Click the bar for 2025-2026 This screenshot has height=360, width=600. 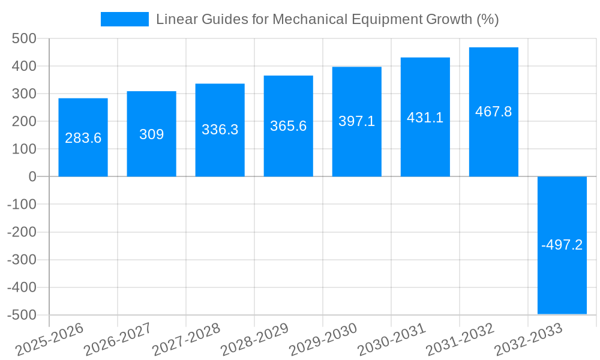83,156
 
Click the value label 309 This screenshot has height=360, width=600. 151,134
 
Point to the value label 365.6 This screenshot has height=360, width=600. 288,126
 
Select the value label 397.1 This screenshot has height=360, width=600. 356,121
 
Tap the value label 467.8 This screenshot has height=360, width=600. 493,112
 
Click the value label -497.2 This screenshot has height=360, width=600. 562,245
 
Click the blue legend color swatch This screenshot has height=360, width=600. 124,19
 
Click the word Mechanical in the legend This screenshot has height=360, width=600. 309,19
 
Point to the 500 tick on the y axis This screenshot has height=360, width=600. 25,38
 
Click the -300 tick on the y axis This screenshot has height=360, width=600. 22,260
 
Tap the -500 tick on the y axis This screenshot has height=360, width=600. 22,315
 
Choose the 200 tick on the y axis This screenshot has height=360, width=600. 25,121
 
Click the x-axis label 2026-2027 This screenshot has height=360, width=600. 118,339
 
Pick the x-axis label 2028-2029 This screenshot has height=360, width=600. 254,339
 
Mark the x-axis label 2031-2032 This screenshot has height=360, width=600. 460,339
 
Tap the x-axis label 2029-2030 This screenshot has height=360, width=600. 323,339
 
